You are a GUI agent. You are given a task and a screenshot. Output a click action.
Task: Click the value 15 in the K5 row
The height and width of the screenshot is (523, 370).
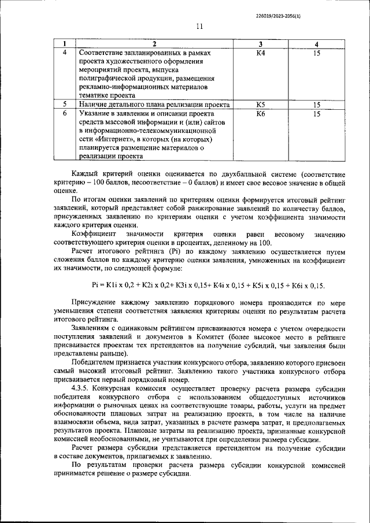click(x=316, y=105)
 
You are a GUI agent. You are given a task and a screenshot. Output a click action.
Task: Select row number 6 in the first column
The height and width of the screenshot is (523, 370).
click(x=65, y=114)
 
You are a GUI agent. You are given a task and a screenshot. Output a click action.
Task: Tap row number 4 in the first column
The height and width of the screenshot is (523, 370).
click(x=65, y=53)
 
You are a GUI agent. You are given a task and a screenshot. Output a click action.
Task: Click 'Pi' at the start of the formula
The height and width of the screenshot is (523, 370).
click(x=95, y=285)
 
